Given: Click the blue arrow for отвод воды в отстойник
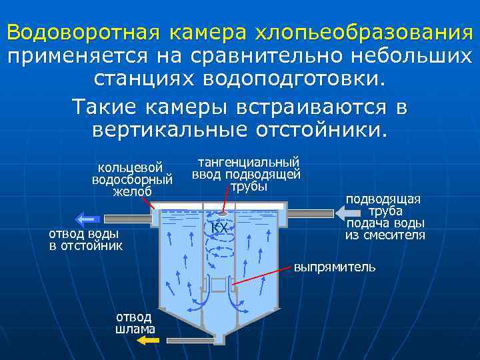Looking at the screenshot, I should (87, 218).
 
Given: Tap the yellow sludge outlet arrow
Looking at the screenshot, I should (148, 341).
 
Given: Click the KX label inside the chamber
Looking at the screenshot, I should (219, 229).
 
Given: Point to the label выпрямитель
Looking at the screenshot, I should (335, 267).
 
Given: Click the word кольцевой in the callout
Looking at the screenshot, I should (131, 167).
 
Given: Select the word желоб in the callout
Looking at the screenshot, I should (132, 192).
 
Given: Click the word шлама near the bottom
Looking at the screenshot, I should (135, 329).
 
